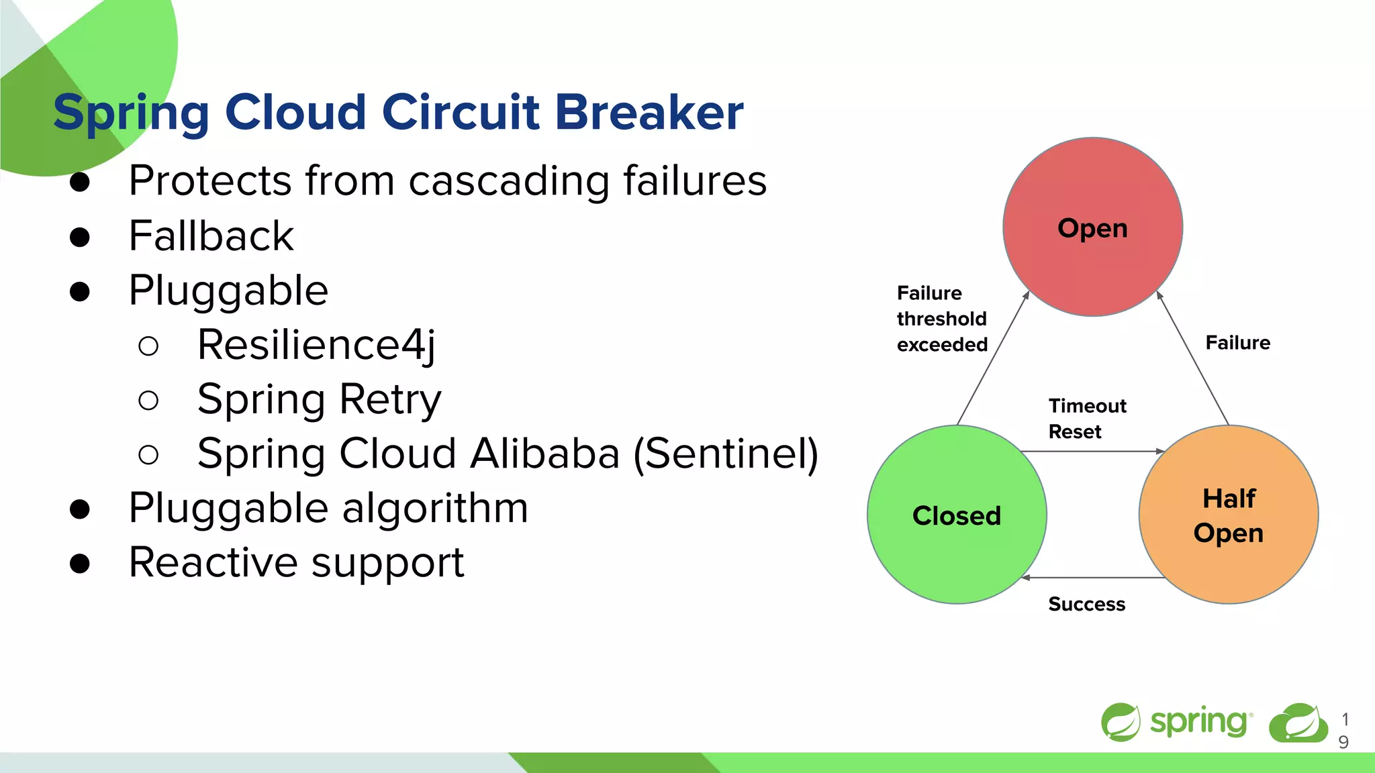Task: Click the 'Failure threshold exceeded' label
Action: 942,319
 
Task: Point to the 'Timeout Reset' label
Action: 1086,419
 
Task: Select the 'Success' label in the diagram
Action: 1086,604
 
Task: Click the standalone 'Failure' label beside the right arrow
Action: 1237,343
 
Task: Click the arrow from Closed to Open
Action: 992,360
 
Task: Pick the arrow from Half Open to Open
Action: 1193,359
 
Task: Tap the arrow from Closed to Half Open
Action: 1092,452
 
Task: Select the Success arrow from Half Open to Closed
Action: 1092,577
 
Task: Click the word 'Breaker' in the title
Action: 649,112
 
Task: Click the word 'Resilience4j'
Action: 316,345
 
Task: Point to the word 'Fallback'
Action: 211,236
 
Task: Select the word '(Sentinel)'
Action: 726,454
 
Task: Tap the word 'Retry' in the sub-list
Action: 390,399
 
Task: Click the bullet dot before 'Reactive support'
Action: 80,563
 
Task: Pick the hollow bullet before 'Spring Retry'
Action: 148,401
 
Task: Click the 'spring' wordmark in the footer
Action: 1199,722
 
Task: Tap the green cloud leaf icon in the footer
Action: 1298,723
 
